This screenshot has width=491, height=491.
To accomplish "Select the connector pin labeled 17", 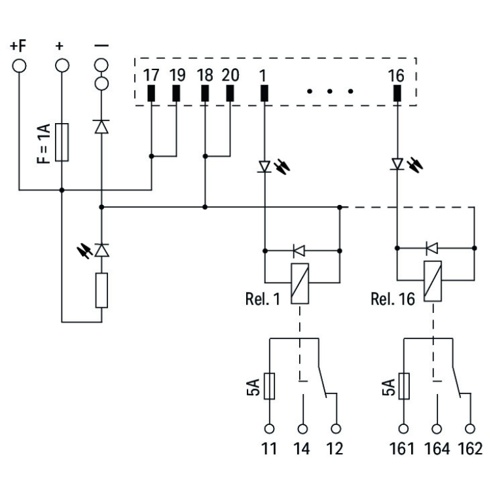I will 151,94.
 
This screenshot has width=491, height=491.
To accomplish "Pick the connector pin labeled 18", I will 205,94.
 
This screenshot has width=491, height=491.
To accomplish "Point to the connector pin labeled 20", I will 230,94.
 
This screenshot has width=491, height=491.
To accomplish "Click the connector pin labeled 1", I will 264,94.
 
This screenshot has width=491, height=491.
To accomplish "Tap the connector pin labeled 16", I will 397,94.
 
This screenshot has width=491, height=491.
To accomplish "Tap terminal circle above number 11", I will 269,429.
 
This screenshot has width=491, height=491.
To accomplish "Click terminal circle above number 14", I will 302,429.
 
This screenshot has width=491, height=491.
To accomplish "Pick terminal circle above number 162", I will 469,429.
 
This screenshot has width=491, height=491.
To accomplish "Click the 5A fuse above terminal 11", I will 269,386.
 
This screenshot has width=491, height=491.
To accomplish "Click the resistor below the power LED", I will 101,291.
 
